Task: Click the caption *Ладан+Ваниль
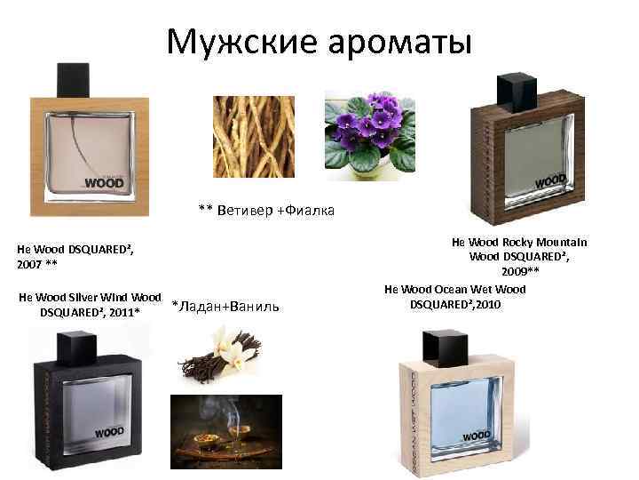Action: [x=225, y=307]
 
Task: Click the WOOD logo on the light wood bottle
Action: [x=103, y=183]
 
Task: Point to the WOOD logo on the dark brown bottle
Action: [x=550, y=182]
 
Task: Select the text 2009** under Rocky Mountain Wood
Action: [x=520, y=272]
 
